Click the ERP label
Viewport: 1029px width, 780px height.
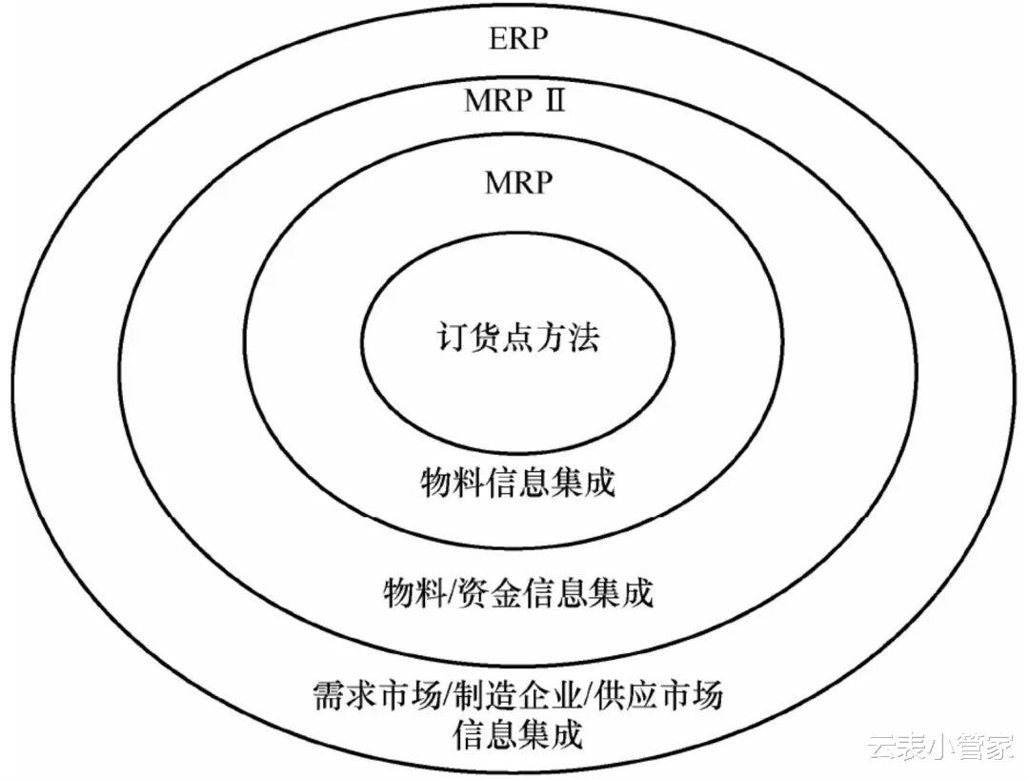pos(519,40)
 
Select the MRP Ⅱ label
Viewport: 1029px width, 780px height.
pos(514,100)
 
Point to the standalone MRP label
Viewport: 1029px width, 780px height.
pos(518,181)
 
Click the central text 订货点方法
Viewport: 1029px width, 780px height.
pos(518,339)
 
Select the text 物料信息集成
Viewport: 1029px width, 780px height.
pos(518,482)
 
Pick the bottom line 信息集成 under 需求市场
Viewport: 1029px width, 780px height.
pos(516,735)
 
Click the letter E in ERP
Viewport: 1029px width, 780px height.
pos(497,40)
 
